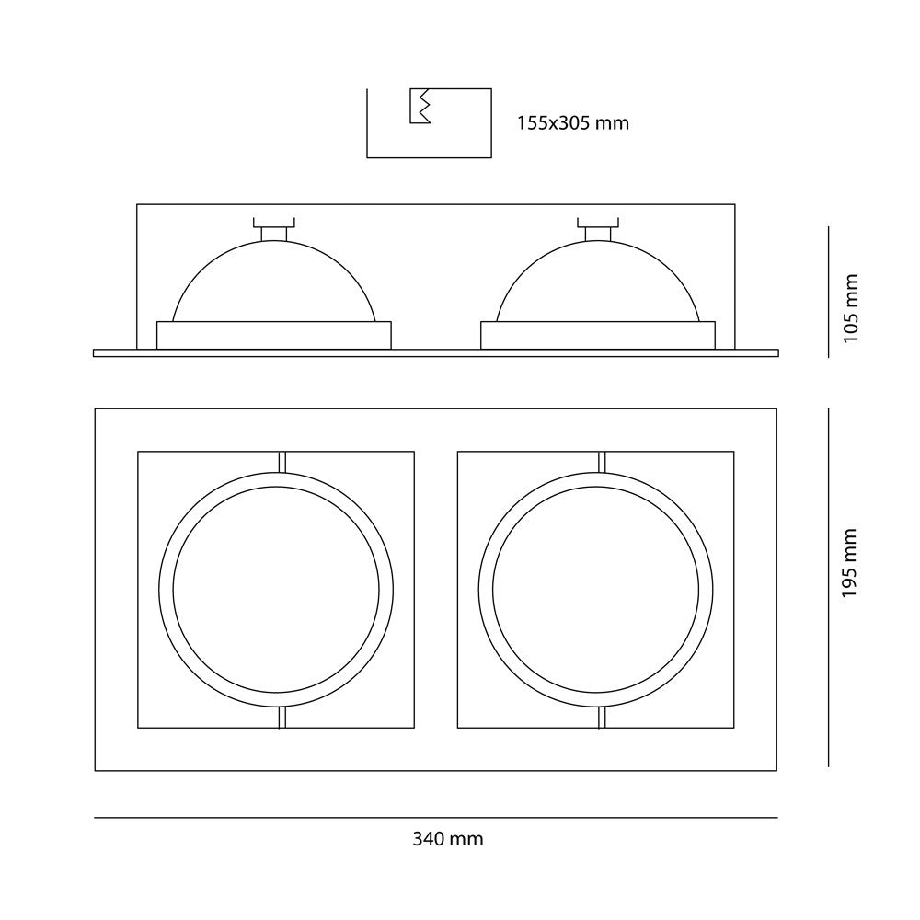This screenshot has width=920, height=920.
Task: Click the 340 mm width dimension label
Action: click(x=448, y=840)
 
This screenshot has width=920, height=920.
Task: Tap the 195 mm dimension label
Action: click(x=850, y=563)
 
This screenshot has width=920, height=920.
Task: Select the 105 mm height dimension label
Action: click(x=850, y=308)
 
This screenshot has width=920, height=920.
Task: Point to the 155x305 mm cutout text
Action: click(x=572, y=123)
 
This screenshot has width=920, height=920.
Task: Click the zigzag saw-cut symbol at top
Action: click(x=420, y=106)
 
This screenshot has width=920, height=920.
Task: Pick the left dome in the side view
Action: click(x=274, y=281)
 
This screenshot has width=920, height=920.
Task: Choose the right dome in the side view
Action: click(x=598, y=281)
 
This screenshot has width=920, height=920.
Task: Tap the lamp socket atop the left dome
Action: click(x=274, y=229)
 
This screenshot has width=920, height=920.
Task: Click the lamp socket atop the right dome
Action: click(x=598, y=229)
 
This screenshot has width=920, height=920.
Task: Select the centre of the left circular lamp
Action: click(x=276, y=590)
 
